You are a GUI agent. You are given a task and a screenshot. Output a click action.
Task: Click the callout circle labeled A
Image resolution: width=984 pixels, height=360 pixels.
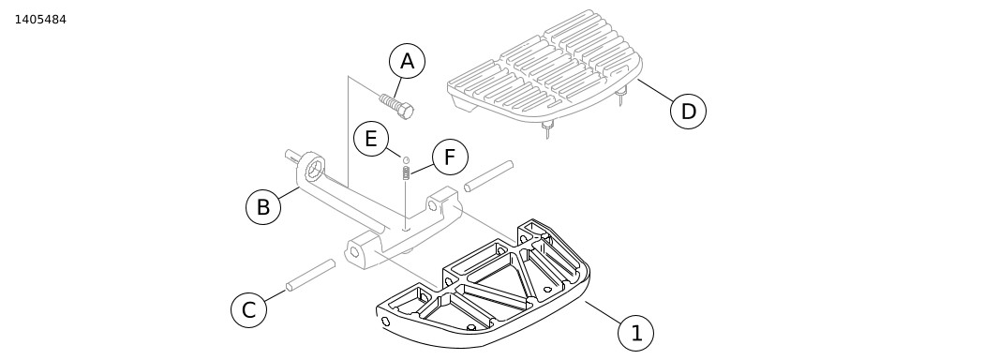coord(408,61)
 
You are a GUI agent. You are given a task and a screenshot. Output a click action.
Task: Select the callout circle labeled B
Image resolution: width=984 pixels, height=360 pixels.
coord(263,206)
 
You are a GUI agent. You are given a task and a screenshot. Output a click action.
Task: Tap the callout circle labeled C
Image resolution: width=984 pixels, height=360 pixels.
coord(249,309)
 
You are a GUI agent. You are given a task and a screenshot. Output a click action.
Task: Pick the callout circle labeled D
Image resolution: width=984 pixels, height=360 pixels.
coord(689,112)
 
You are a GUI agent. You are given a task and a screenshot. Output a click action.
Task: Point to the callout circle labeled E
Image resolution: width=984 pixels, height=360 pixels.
coord(371,138)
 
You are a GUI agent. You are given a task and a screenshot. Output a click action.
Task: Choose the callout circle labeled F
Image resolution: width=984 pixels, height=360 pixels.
coord(450,157)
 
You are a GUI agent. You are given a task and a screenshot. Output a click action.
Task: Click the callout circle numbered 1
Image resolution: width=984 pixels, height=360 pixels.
coord(635,333)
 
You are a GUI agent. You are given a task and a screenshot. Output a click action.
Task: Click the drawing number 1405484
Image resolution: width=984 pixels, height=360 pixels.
coord(40,20)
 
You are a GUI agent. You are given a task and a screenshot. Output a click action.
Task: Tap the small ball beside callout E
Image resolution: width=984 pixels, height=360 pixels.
coord(406,160)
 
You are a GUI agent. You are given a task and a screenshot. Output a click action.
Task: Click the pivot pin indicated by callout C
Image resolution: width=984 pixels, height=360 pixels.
coord(310,276)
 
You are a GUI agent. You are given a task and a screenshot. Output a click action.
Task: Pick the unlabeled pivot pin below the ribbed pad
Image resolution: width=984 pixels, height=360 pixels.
coord(489,176)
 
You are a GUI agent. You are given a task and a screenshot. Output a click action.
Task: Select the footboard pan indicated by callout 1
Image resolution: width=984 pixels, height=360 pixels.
coord(484,284)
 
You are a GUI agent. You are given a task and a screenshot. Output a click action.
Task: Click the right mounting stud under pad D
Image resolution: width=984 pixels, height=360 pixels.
coord(620,97)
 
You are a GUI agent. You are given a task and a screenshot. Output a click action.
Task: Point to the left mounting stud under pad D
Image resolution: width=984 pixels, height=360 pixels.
coord(547,130)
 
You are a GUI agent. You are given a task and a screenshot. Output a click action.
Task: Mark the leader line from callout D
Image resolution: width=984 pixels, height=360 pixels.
coord(655,91)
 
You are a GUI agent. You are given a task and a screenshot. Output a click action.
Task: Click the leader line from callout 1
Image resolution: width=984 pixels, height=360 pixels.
coord(604,312)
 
